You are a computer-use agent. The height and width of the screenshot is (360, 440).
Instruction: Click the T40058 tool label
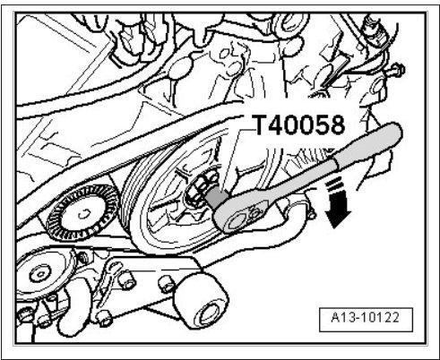tap(299, 124)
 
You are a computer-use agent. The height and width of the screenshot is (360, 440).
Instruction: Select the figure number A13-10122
tap(365, 318)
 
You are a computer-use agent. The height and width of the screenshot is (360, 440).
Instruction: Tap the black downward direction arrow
tap(338, 211)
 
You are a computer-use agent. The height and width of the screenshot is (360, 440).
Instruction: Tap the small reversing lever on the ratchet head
tap(255, 213)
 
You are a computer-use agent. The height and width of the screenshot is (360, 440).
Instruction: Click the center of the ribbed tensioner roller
tap(83, 213)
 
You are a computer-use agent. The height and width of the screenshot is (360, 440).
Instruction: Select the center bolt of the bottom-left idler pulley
tap(39, 272)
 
